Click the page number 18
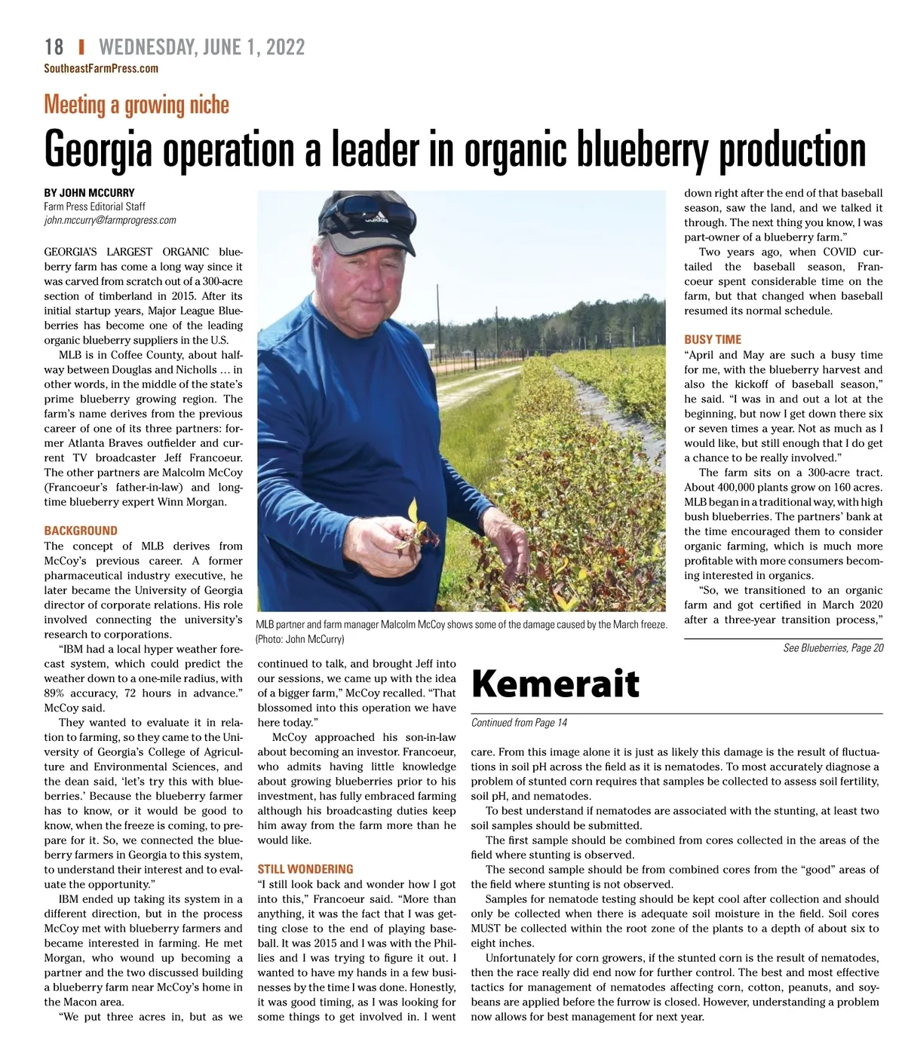point(54,47)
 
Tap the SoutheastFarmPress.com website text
point(101,69)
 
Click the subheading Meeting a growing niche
point(137,105)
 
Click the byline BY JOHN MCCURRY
point(89,192)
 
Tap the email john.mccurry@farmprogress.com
point(110,220)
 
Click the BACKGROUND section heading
point(81,531)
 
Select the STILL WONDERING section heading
point(305,869)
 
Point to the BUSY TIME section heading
point(713,339)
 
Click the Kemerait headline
point(555,684)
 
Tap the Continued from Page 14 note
point(519,723)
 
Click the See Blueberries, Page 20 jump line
point(833,648)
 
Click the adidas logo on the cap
point(376,219)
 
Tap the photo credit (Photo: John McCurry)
point(300,639)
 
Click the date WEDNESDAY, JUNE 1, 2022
point(201,47)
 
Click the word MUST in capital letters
point(486,929)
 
